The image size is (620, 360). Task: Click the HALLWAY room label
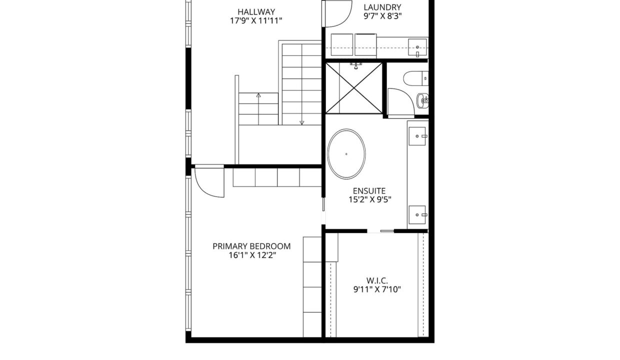pos(256,12)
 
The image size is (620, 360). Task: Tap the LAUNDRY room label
pos(382,7)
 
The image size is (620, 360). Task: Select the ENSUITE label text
pos(369,191)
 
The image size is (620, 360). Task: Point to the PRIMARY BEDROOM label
pos(251,246)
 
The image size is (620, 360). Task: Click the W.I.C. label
pos(377,280)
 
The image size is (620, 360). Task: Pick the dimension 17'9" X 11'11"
pos(256,21)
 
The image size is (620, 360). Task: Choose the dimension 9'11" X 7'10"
pos(377,289)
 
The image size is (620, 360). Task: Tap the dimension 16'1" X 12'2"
pos(252,255)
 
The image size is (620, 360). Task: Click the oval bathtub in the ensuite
pos(346,154)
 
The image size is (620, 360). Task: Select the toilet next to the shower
pos(415,78)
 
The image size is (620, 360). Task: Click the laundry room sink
pos(417,47)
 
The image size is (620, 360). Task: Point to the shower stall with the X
pos(354,88)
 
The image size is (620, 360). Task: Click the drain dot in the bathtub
pos(346,154)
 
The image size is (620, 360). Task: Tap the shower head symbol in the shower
pos(356,66)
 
